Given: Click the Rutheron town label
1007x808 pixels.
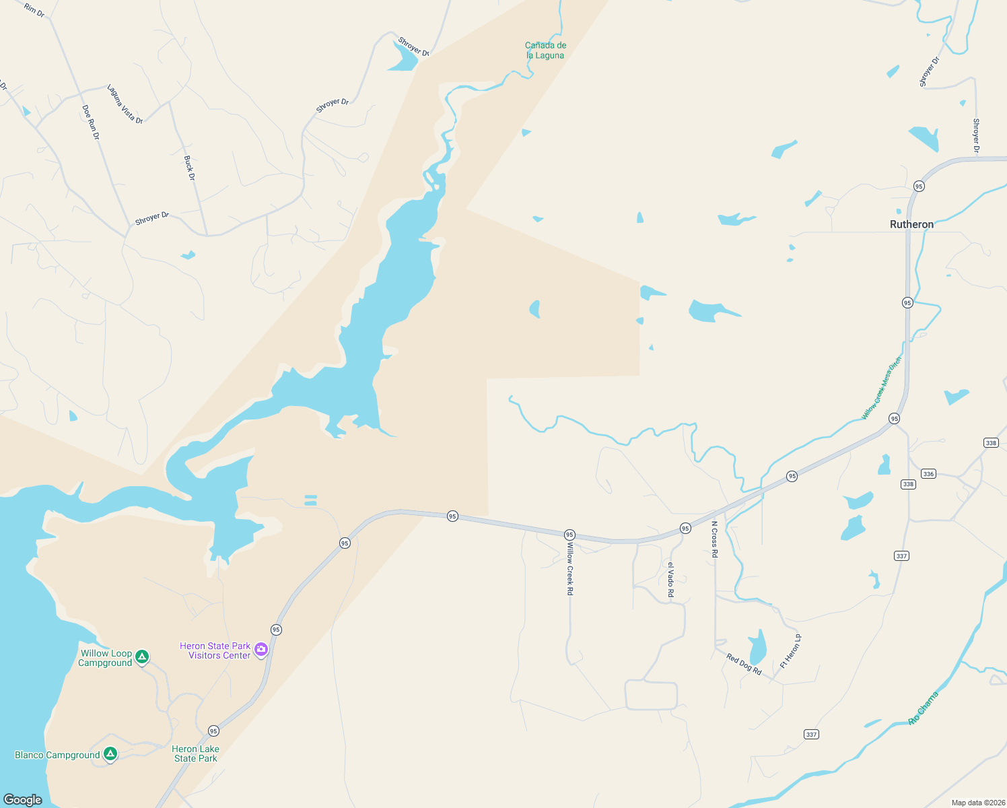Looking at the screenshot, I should coord(911,224).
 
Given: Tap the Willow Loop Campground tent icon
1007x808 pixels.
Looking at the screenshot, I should coord(141,656).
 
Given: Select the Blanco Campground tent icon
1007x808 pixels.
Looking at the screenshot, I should coord(110,754).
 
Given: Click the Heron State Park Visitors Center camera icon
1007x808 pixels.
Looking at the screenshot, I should coord(261,650).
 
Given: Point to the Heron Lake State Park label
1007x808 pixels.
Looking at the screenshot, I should coord(195,753).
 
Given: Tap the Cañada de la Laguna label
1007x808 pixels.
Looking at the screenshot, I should coord(545,50).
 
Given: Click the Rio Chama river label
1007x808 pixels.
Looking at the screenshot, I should coord(923,708).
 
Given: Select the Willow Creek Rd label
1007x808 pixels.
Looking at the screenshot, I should coord(570,568).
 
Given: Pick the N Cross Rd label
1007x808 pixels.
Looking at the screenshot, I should coord(715,539).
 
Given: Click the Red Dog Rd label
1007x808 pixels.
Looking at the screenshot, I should coord(744,665).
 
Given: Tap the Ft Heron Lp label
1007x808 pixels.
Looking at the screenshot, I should coord(790,651).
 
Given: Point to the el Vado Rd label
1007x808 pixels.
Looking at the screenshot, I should coord(670,579).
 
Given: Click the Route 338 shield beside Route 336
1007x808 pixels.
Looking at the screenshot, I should coord(908,484).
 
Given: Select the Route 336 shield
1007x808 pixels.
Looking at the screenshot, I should coord(928,474).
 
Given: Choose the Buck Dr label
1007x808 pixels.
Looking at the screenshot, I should coord(190,168).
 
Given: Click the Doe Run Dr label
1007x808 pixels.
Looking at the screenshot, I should coord(91,122).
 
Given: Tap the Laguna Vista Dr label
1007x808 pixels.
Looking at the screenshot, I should coord(125,104).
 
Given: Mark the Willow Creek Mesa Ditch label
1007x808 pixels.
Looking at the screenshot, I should coord(881,389).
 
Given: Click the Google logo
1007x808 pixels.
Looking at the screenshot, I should coord(23,799).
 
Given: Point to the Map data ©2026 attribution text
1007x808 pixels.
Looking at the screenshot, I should coord(977,803).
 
